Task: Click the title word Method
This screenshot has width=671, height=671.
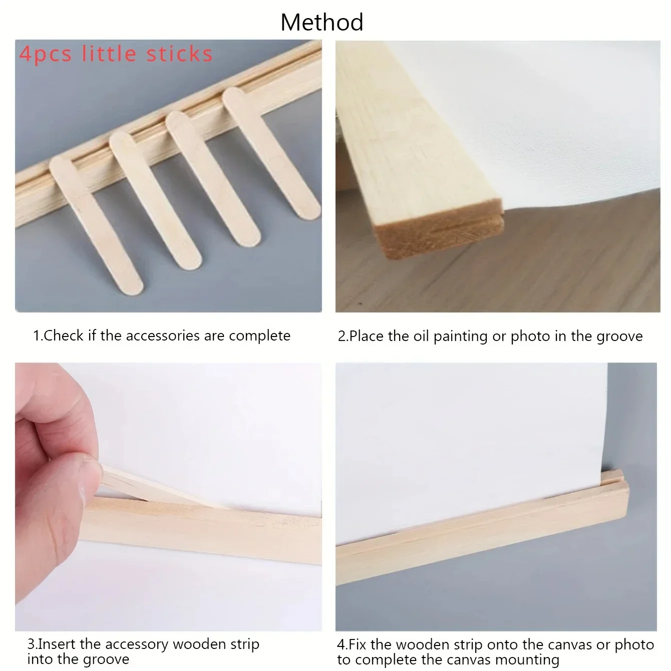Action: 322,23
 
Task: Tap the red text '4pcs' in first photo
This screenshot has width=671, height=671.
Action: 46,54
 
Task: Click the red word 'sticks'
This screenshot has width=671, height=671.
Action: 179,54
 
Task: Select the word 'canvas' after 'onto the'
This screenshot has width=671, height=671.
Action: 567,644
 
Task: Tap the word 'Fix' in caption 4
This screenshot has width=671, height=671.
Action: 358,644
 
